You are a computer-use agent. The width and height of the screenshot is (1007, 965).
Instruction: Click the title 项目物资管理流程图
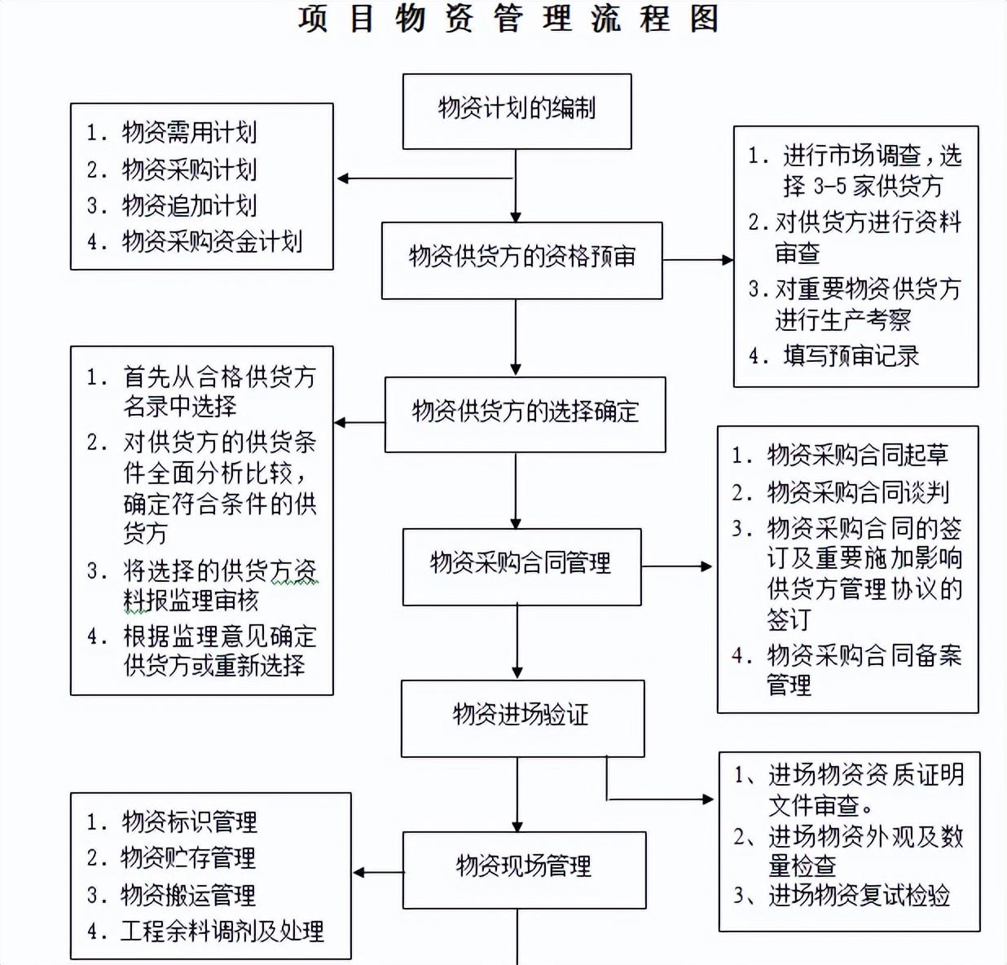[508, 20]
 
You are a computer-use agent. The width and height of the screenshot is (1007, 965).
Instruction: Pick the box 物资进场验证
[522, 717]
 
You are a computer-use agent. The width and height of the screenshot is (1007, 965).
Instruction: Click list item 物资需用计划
[189, 133]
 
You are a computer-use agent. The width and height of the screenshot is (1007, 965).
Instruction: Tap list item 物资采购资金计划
[212, 242]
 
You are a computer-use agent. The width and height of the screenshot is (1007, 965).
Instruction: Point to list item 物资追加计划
[189, 205]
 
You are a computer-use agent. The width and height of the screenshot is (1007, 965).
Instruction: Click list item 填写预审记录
[851, 356]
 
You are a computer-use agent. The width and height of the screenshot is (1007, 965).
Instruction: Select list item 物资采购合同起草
[857, 455]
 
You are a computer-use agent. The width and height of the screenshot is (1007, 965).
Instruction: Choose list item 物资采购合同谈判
[857, 492]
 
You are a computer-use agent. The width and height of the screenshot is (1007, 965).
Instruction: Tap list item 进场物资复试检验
[859, 896]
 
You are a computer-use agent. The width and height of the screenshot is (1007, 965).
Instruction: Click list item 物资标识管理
[189, 822]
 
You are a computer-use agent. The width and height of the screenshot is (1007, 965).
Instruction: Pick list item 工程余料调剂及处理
[222, 931]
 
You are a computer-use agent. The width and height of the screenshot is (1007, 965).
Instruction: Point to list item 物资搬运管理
[188, 895]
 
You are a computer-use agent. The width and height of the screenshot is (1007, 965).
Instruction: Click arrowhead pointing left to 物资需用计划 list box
[343, 178]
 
